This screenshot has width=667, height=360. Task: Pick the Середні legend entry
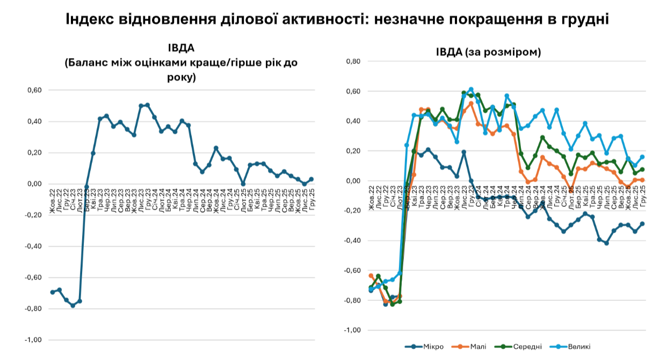527,347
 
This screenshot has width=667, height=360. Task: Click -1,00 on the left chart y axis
33,340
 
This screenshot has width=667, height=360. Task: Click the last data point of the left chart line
311,179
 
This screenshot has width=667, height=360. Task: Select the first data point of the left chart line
53,292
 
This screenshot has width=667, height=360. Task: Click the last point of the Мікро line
642,224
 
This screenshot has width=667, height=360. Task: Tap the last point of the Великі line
642,157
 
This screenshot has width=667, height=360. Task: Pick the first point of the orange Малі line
371,276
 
